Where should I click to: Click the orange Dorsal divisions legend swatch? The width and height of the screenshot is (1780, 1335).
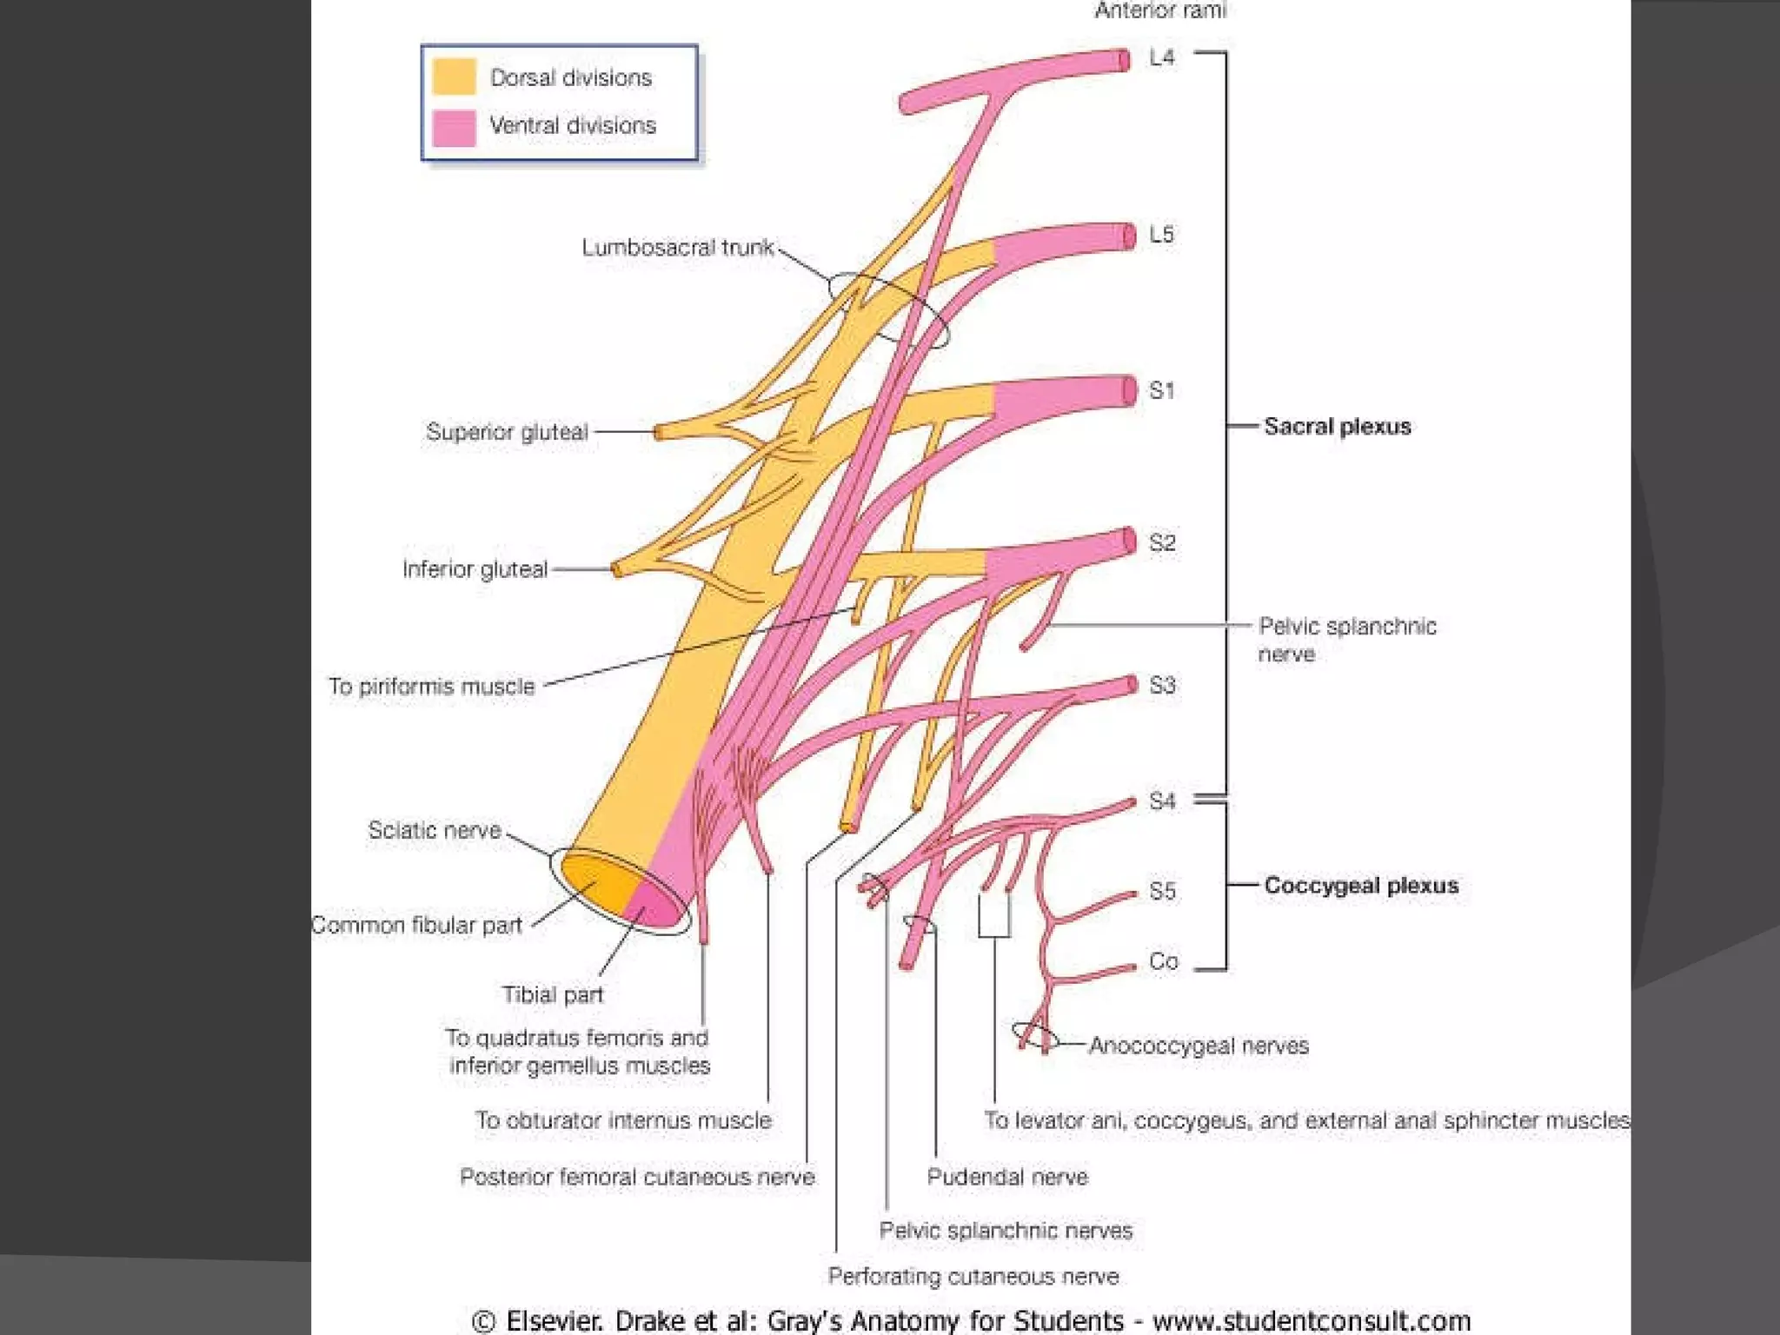click(454, 76)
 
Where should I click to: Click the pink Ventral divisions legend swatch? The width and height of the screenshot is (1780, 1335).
click(454, 127)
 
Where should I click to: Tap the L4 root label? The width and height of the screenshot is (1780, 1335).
click(1161, 57)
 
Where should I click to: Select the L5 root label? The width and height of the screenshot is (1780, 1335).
click(1161, 235)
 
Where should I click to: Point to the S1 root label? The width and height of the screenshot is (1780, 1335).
click(1161, 390)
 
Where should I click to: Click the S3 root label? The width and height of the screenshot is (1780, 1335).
click(1162, 685)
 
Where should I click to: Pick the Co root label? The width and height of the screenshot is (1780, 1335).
click(1163, 961)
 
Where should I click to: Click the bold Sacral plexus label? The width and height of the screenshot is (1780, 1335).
click(1337, 426)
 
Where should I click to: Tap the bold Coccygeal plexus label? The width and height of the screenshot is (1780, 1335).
click(1360, 885)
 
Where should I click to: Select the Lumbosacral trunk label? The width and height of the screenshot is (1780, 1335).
click(677, 248)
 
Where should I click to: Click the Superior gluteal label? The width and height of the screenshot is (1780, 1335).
click(507, 432)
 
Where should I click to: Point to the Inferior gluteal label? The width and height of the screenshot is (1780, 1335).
click(475, 569)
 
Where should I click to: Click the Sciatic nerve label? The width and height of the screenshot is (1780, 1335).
click(435, 830)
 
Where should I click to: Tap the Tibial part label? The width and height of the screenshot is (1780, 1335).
click(553, 994)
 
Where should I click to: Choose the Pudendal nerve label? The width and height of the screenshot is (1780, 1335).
click(1006, 1177)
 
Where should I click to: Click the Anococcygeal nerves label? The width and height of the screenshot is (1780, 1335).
click(1199, 1045)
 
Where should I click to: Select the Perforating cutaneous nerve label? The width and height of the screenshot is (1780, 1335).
click(973, 1276)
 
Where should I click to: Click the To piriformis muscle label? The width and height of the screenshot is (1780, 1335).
click(431, 687)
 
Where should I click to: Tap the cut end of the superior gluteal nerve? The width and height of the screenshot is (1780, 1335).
click(658, 432)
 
